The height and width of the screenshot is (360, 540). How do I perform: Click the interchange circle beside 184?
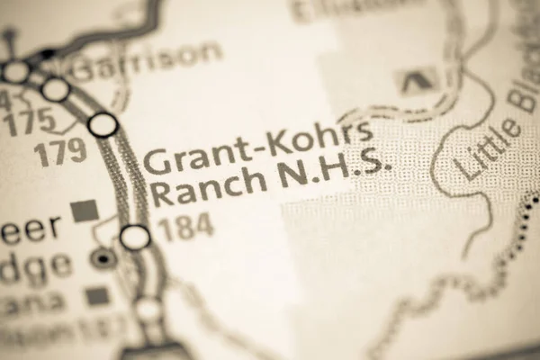pos(135,238)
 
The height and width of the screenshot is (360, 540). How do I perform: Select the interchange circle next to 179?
pos(104,125)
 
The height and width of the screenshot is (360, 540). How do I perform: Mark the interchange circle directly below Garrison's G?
pos(56,89)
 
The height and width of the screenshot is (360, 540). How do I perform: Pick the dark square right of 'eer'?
pos(85,210)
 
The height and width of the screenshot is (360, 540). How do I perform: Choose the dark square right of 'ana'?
pos(95,295)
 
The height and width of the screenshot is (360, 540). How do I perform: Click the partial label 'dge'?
pos(36,265)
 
